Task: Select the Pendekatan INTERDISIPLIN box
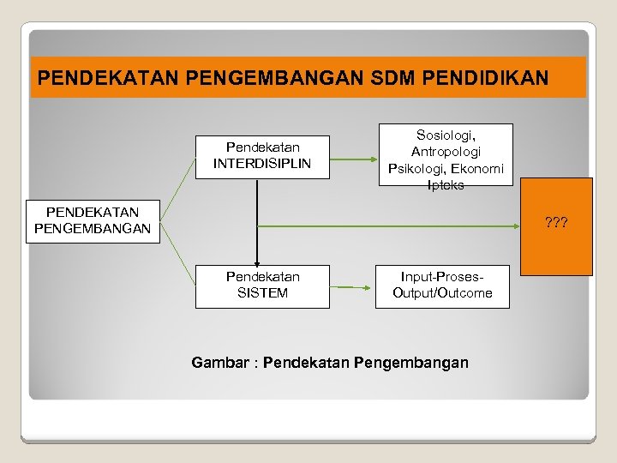point(262,156)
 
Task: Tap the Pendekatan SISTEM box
point(262,286)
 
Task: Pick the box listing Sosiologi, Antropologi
point(446,154)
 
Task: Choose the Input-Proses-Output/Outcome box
point(442,286)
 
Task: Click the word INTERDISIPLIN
point(262,163)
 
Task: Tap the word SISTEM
point(262,293)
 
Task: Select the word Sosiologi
point(446,135)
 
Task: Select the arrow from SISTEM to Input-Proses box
point(353,286)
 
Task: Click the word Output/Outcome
point(442,293)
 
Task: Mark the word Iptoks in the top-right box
point(446,184)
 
